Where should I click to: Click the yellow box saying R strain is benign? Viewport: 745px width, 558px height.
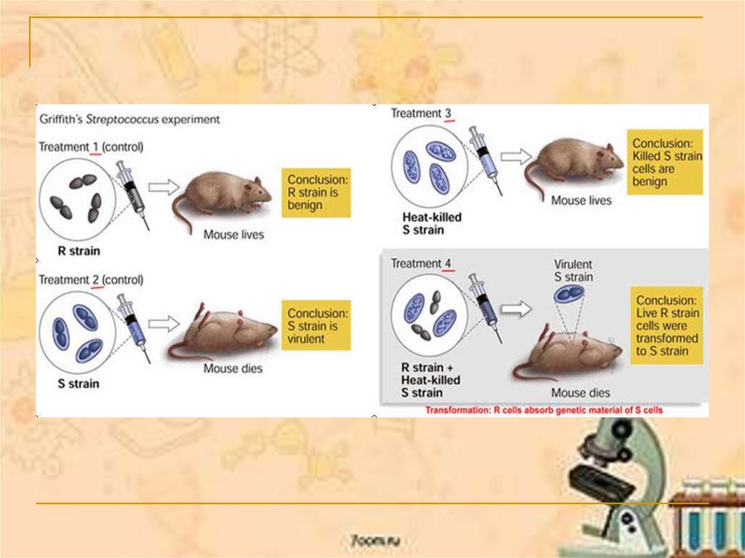click(316, 193)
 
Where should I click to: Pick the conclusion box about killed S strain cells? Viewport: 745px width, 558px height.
click(666, 162)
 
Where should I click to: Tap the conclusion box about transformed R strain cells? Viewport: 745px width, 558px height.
click(668, 325)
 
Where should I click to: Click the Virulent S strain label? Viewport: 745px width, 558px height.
click(573, 271)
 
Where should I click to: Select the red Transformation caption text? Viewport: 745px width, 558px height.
click(544, 410)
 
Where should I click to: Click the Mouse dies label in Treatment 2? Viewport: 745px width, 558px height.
click(233, 368)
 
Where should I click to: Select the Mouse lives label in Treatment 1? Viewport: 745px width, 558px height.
click(233, 235)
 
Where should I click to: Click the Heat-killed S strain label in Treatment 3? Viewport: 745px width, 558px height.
click(431, 223)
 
